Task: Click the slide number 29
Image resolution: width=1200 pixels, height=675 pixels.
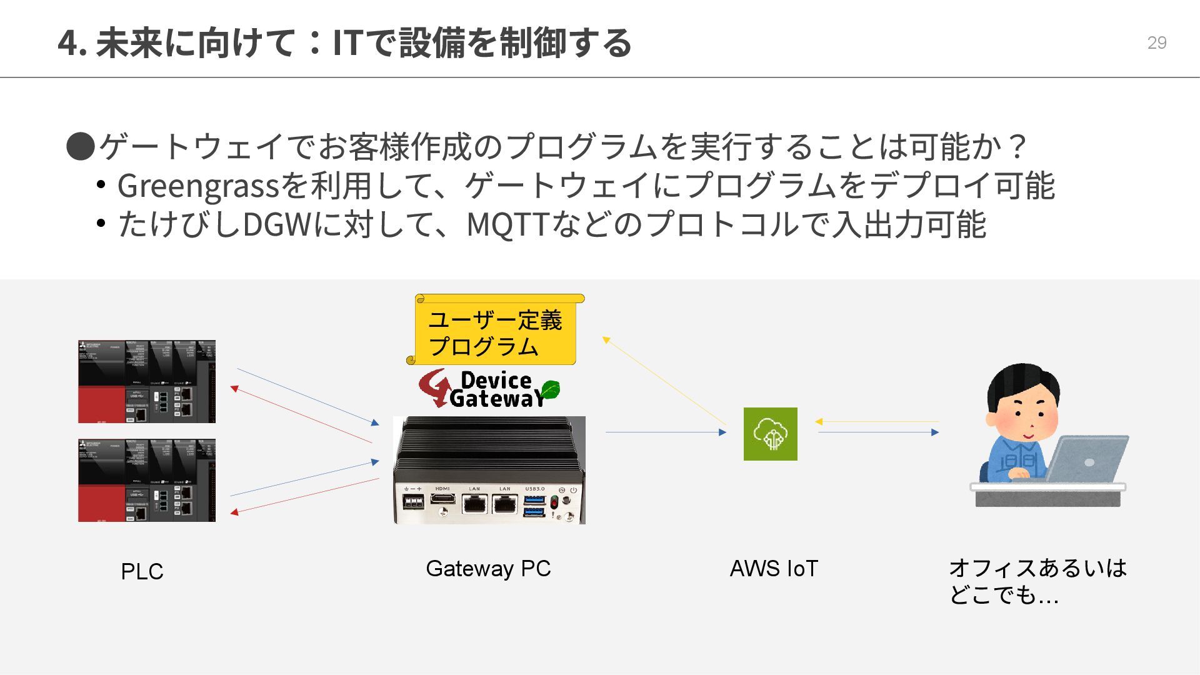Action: coord(1156,42)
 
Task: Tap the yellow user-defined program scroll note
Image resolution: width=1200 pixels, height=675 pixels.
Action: coord(495,331)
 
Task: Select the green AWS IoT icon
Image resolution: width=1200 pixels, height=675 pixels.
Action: coord(770,434)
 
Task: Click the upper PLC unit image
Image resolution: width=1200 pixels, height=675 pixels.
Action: coord(147,381)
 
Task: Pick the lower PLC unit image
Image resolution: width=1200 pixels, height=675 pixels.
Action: coord(147,480)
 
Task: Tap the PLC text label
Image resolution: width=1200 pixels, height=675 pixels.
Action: coord(142,571)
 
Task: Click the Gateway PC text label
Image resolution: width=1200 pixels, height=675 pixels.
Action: coord(488,568)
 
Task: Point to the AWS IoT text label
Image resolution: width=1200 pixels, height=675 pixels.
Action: coord(774,568)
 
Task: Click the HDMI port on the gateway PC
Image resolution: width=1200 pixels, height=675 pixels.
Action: coord(442,499)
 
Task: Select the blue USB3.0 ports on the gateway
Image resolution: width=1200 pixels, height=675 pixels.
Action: coord(534,505)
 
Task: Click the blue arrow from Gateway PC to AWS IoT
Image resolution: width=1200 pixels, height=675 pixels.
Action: coord(666,432)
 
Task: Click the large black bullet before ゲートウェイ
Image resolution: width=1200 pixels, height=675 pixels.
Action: coord(81,146)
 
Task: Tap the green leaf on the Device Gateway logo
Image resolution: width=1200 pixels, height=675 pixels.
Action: coord(549,389)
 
